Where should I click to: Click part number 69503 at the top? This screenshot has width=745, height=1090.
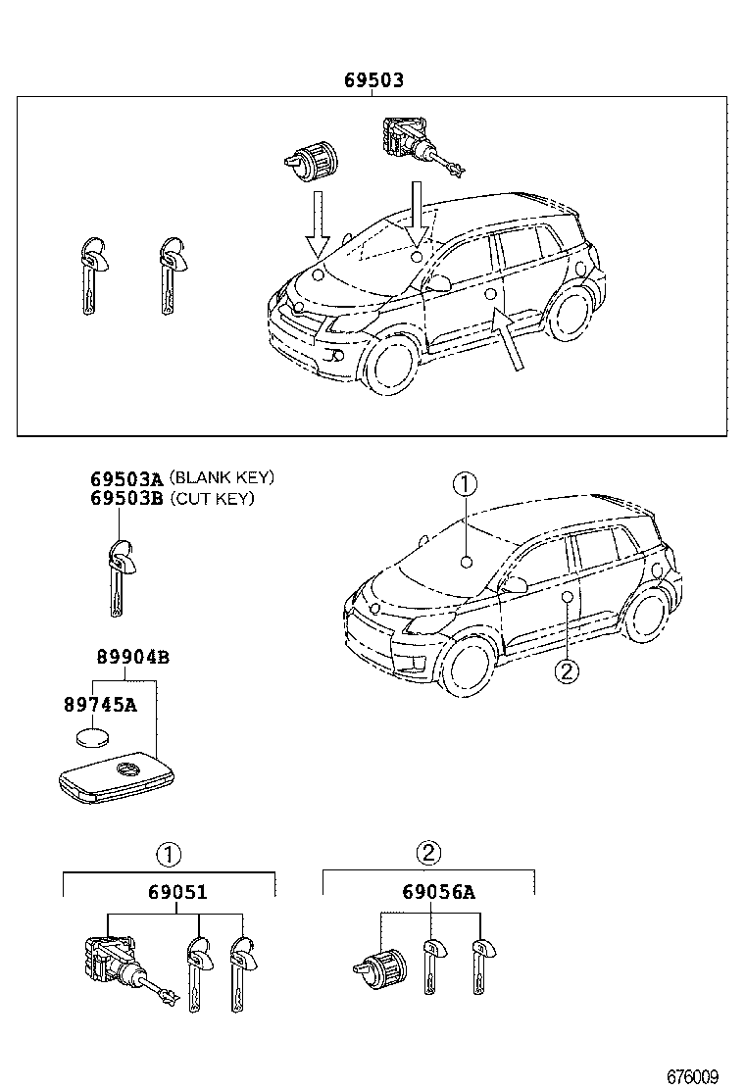coord(373,80)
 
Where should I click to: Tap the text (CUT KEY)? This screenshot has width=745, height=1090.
coord(212,499)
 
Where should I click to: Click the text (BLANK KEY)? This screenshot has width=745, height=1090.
coord(222,478)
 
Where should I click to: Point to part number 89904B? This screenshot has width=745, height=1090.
coord(132,658)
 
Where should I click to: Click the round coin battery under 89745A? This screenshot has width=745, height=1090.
coord(94,736)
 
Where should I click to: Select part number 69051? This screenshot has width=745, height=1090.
coord(177,893)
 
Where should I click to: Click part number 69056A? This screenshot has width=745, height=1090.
coord(438,892)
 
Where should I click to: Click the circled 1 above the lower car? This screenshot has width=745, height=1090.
coord(465,483)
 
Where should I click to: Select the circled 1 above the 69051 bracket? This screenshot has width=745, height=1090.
coord(170,854)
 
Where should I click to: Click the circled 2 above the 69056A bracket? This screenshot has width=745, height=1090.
coord(427,853)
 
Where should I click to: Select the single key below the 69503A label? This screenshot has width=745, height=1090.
coord(119,577)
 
